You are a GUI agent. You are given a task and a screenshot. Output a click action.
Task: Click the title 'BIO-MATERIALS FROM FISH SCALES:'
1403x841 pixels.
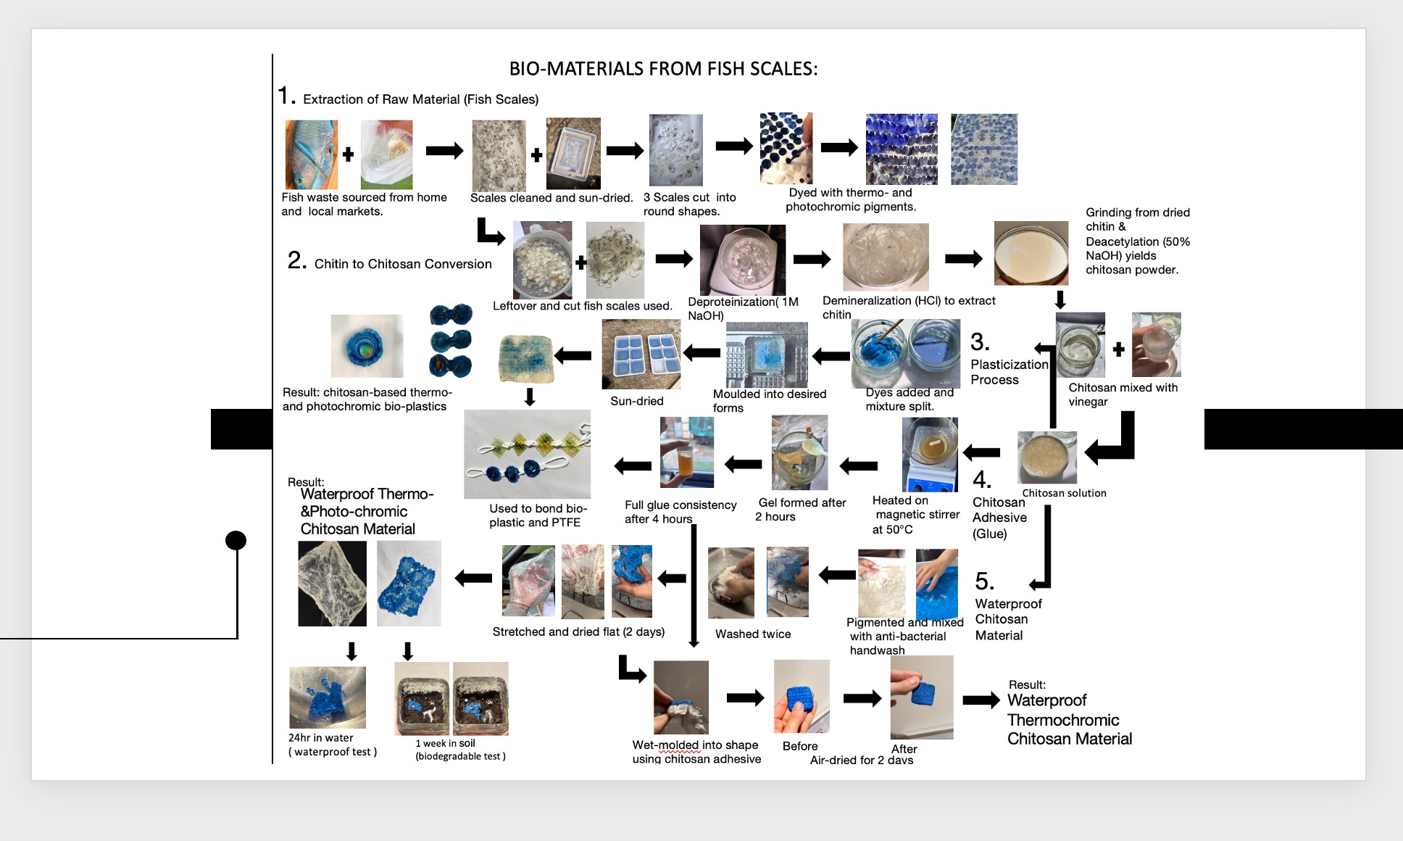pos(663,69)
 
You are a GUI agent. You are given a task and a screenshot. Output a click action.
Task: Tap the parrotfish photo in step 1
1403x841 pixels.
pos(312,154)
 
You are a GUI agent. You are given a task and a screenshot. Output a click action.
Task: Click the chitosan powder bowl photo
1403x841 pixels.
pos(1031,253)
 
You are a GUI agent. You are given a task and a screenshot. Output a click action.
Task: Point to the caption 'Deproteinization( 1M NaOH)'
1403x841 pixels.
pos(743,308)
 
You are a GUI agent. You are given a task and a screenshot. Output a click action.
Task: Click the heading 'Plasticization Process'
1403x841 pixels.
pos(1009,372)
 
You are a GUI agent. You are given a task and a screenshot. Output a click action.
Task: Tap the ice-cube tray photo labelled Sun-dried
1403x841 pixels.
pos(641,355)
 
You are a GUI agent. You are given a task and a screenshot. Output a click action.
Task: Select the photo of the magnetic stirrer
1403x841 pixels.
pos(930,455)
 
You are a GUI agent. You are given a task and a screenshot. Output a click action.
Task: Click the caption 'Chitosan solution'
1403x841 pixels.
pos(1064,493)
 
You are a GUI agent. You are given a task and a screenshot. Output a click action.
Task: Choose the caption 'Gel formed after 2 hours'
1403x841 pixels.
pos(802,510)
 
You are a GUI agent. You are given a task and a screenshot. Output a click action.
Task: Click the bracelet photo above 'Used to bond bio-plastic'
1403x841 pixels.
pos(527,454)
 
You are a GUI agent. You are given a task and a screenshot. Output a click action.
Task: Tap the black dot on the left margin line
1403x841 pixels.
pos(236,540)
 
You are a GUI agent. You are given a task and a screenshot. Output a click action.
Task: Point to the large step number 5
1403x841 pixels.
pos(984,581)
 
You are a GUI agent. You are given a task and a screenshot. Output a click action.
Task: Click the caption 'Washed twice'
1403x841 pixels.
pos(753,634)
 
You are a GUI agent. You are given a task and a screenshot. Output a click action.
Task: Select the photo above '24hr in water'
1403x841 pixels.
pos(327,697)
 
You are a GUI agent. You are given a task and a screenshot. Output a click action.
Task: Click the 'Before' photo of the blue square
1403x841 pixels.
pos(802,697)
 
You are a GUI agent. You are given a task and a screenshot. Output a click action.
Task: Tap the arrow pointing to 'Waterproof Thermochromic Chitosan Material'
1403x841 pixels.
pos(981,700)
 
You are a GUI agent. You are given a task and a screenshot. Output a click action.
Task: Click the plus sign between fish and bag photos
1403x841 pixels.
pos(348,154)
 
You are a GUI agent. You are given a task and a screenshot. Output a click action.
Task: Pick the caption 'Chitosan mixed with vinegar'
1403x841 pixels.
pos(1123,394)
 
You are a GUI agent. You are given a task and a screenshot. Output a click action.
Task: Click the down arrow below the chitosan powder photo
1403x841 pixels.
pos(1059,299)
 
